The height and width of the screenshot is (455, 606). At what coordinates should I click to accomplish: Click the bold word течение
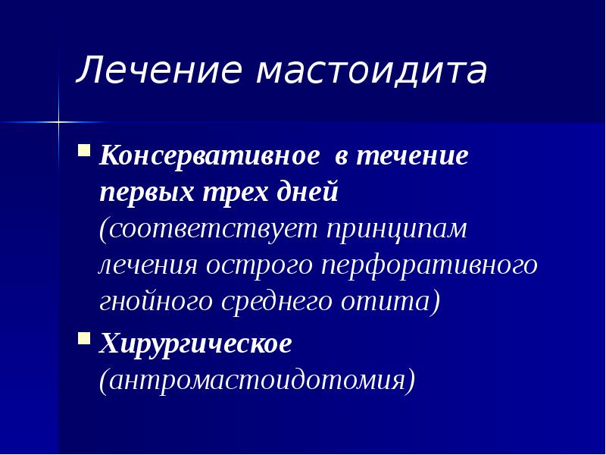413,158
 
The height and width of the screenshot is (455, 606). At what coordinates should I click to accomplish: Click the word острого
259,266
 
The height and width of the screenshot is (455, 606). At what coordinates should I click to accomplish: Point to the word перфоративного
430,266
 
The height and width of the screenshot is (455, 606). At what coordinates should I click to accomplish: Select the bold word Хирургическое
195,345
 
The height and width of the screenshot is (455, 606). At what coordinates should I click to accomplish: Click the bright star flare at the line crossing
58,121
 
